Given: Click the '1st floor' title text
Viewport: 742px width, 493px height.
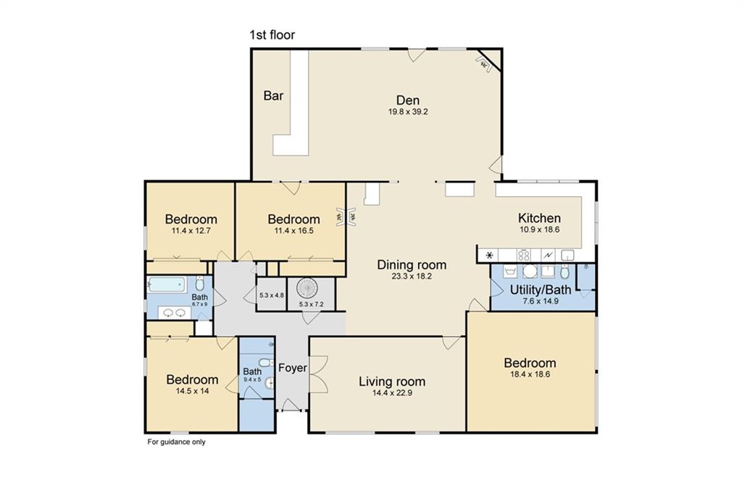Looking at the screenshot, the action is tap(272, 35).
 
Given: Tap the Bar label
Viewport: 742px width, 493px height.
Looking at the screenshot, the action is tap(273, 96).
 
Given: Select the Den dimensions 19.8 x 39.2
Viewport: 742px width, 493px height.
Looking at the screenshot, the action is tap(408, 112).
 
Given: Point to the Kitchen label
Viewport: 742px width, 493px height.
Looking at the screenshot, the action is tap(539, 218).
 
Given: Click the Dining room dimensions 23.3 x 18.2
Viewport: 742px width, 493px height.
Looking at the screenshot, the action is tap(412, 277).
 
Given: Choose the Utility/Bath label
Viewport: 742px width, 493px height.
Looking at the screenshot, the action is tap(541, 290).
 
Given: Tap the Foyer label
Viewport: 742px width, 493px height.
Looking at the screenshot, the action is tap(293, 368).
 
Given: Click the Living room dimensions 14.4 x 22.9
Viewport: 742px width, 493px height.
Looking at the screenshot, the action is tap(392, 393).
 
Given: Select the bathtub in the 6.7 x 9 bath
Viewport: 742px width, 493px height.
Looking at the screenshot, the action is tap(166, 285).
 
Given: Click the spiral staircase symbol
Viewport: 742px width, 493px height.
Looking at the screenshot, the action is tap(309, 288).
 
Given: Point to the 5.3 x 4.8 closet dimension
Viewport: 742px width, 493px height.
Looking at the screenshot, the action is tap(272, 295).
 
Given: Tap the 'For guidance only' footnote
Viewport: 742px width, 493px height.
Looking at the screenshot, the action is tap(177, 442).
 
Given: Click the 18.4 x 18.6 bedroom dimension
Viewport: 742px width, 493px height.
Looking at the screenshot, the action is tap(530, 374).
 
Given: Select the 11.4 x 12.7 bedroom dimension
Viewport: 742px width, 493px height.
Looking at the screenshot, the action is tap(191, 231).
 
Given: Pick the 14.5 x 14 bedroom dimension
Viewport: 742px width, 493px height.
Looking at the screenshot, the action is tap(192, 392).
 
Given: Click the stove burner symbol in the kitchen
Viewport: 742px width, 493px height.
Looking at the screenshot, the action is tap(524, 256).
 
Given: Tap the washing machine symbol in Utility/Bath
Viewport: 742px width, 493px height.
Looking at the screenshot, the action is tap(510, 271).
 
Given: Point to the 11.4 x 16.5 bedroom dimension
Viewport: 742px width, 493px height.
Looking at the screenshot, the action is tap(294, 231).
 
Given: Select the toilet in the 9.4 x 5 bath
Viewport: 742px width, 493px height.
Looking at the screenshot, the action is tap(265, 363).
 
